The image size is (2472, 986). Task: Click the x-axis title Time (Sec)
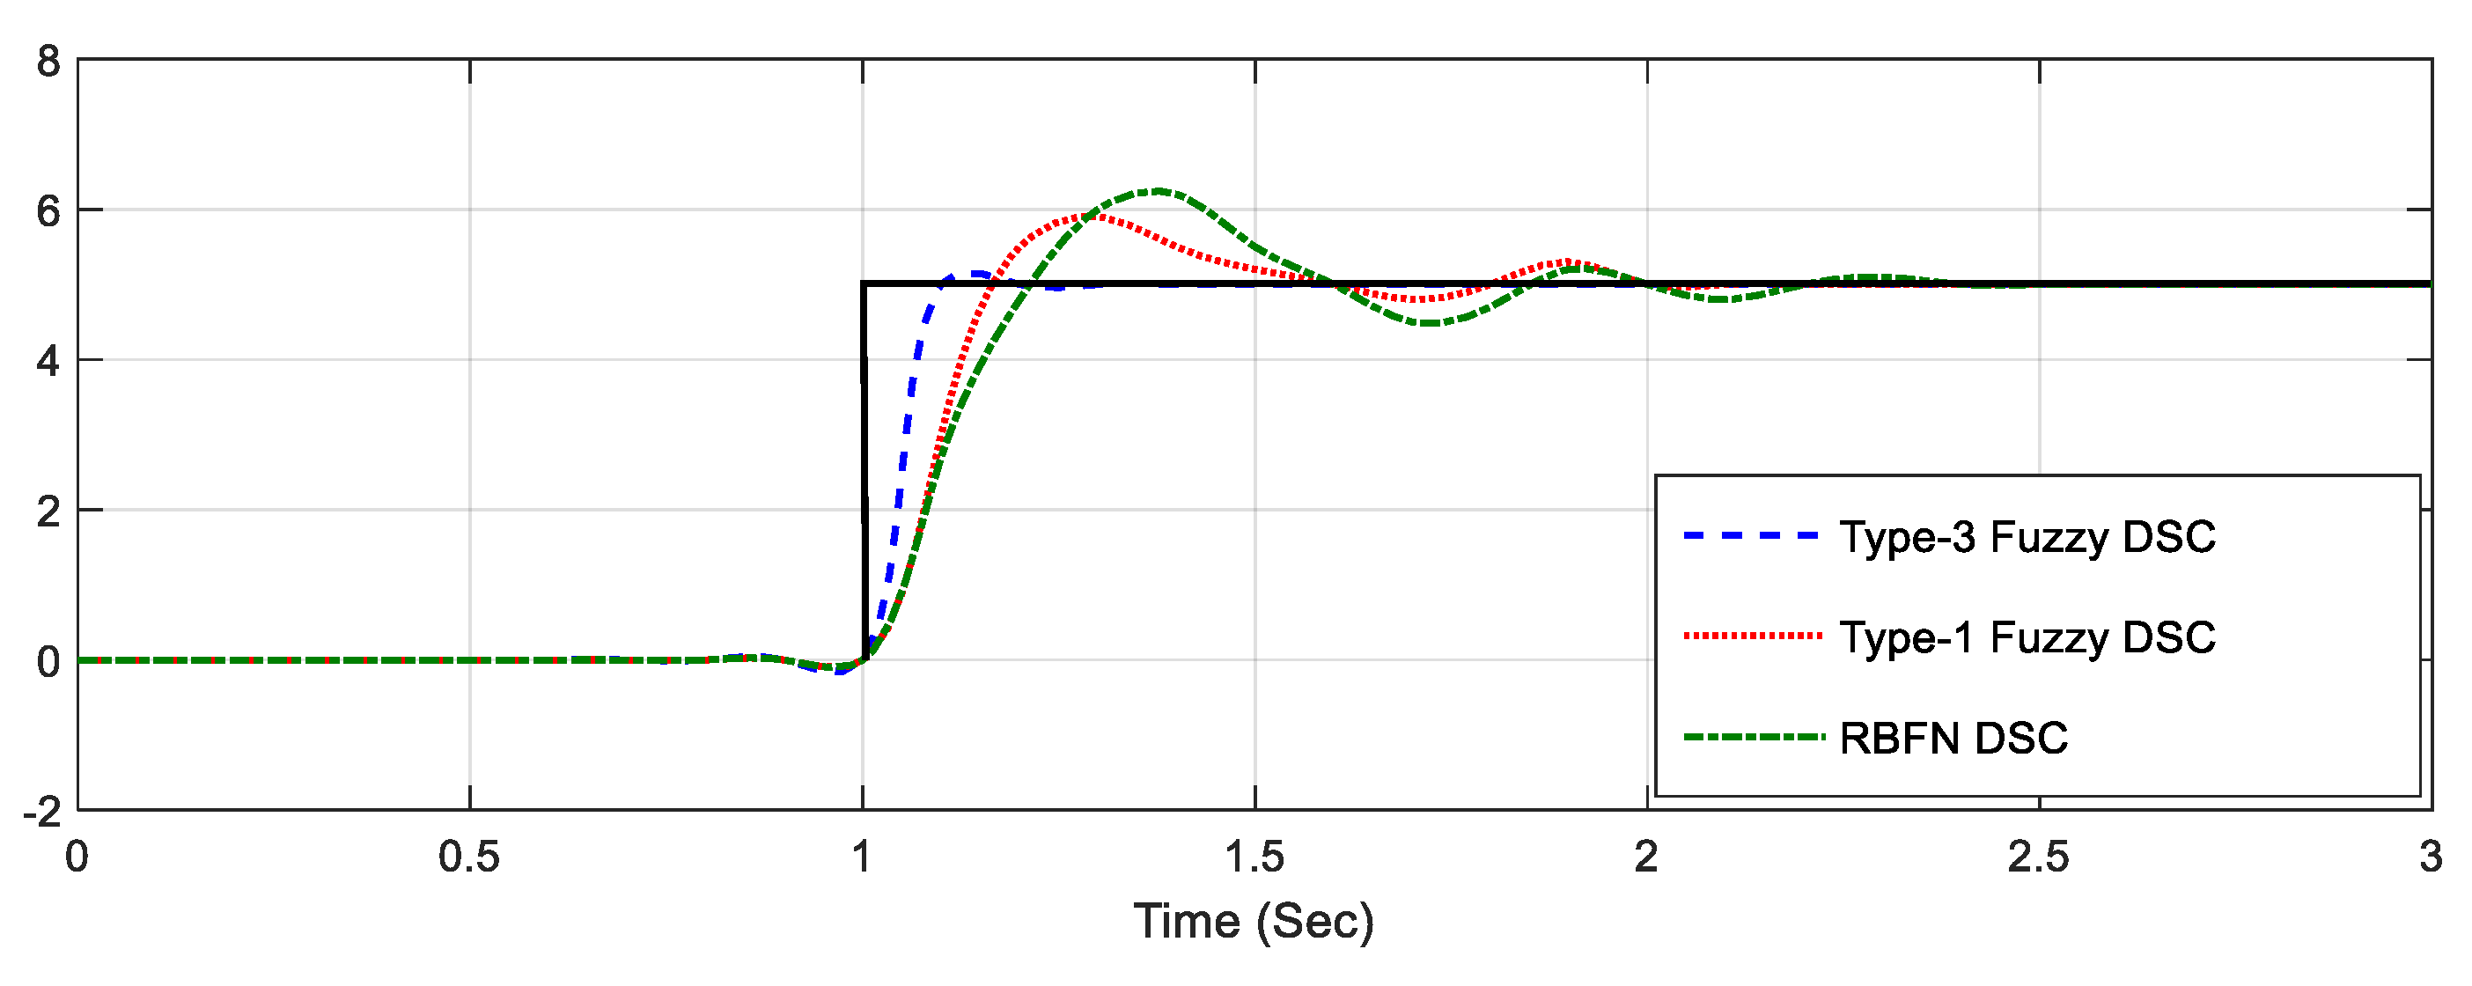coord(1254,922)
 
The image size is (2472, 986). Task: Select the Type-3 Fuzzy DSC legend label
coord(2027,537)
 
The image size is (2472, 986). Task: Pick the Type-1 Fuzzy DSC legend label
coord(2027,637)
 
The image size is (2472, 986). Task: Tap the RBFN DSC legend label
coord(1953,739)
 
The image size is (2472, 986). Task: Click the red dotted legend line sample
coord(1752,636)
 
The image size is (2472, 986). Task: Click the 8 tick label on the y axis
coord(48,62)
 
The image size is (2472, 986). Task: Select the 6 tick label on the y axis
coord(48,211)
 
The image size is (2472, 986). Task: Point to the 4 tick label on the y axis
coord(48,362)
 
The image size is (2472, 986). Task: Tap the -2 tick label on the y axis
coord(42,813)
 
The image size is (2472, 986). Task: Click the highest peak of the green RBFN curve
coord(1159,191)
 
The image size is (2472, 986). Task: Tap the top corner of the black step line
coord(864,284)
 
